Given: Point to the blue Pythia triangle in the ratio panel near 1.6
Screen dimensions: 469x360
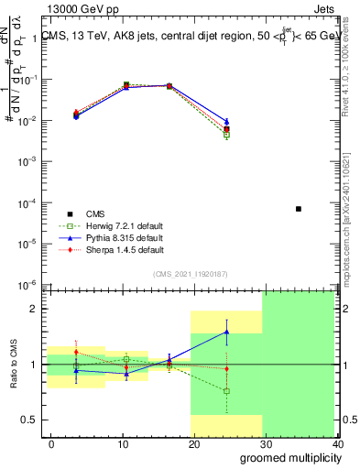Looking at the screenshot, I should (x=226, y=332).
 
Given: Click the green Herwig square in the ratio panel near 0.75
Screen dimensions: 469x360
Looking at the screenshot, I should (x=226, y=391).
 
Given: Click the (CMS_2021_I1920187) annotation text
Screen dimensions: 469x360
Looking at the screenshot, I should (x=191, y=273).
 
